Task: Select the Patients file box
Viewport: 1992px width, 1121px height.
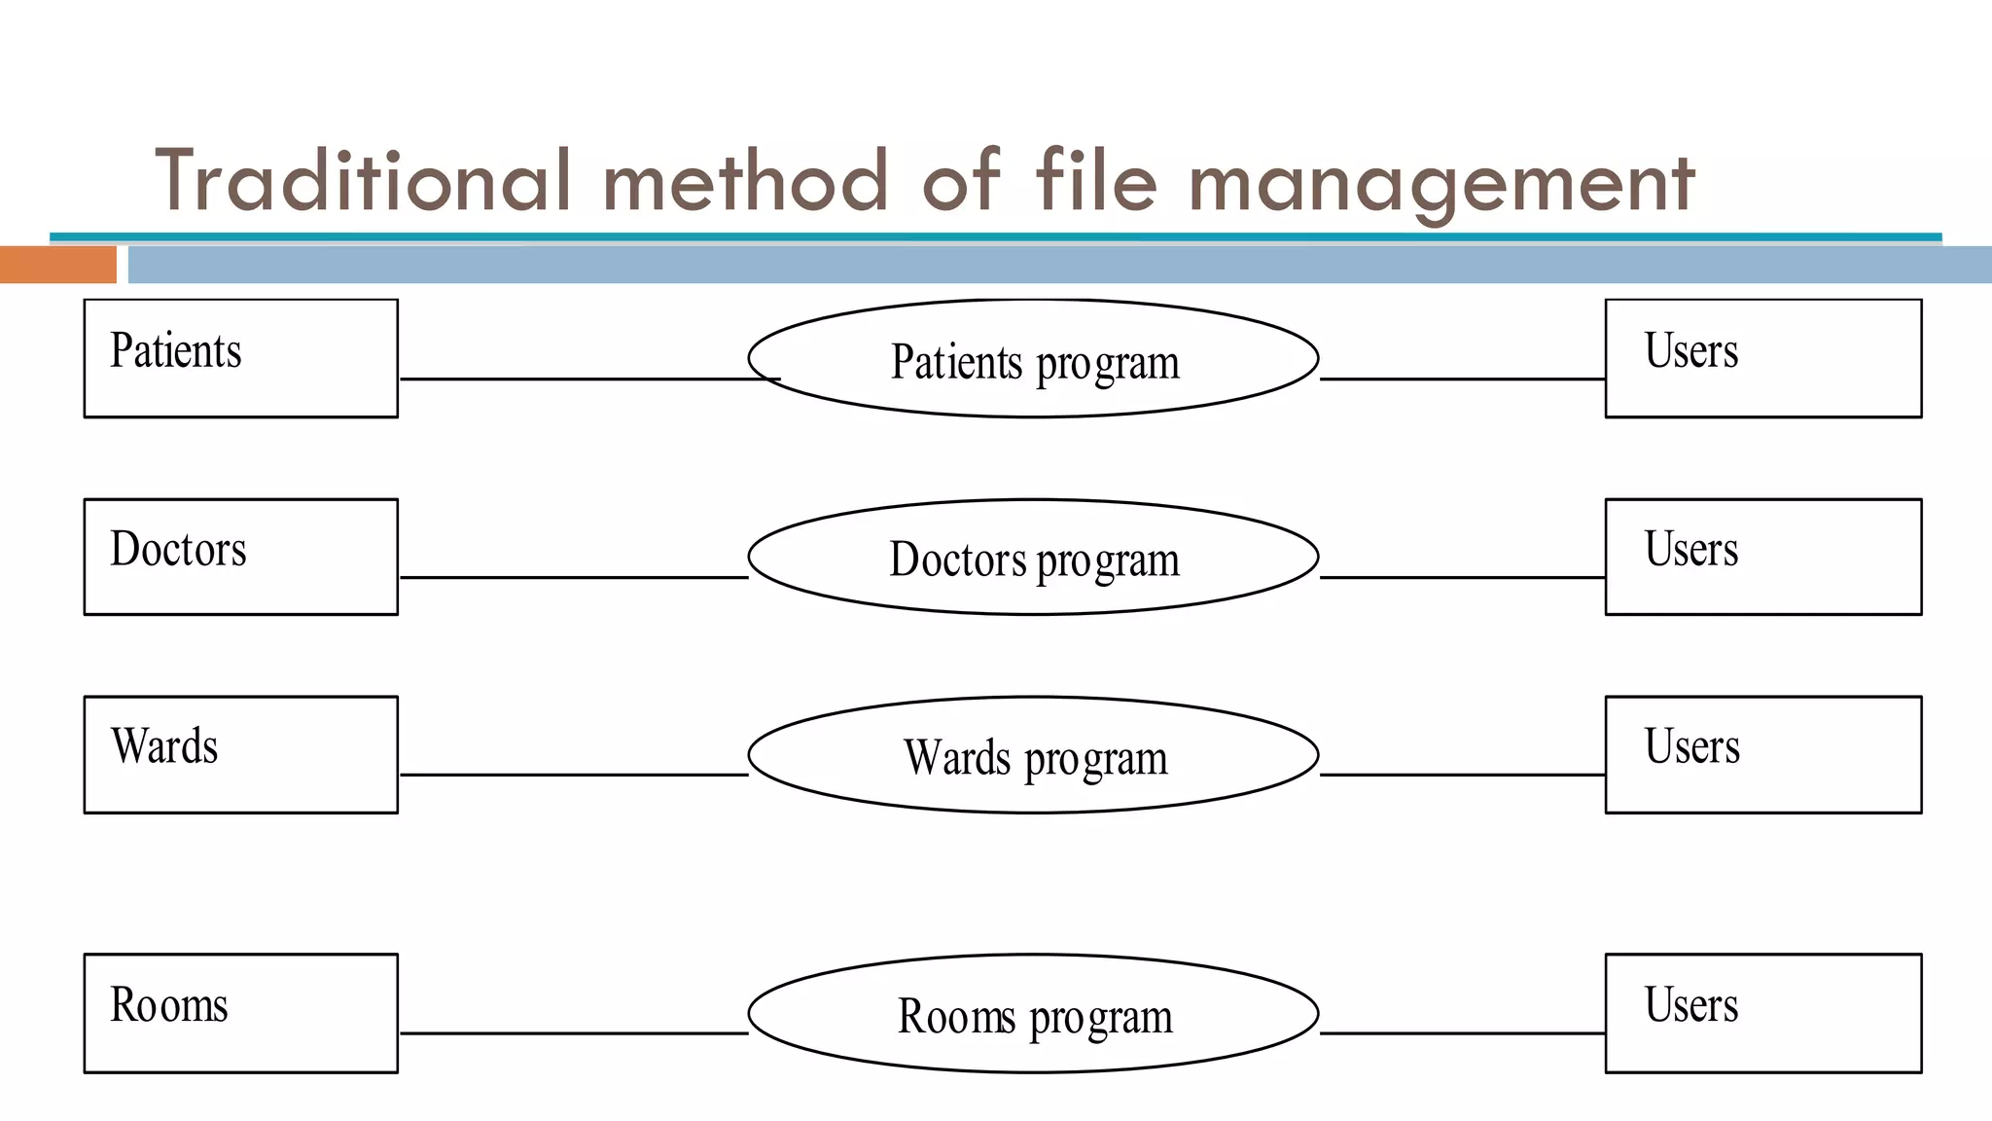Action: (x=241, y=358)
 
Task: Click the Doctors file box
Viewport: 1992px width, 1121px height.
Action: (x=241, y=557)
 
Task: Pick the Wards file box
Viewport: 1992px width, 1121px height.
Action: (x=241, y=754)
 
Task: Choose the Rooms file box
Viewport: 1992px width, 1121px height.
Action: (x=241, y=1013)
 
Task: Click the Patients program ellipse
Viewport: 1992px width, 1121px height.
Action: (x=1033, y=358)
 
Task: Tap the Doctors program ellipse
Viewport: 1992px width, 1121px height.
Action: (x=1033, y=557)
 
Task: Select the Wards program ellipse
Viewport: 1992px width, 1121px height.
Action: (x=1033, y=755)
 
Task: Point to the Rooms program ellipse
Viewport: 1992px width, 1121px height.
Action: (x=1033, y=1013)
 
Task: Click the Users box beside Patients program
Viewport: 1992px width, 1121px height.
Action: (x=1762, y=358)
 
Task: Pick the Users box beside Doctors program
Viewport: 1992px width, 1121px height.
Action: (x=1762, y=557)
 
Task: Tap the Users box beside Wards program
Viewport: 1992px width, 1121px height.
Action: (x=1762, y=754)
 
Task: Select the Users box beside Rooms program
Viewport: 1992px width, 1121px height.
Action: (x=1762, y=1013)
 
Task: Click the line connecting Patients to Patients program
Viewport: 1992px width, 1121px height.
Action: (x=584, y=379)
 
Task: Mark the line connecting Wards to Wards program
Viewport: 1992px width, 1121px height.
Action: (x=574, y=775)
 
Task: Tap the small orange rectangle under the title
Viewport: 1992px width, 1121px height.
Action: (x=57, y=265)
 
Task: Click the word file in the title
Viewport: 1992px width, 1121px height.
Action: (x=1096, y=181)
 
